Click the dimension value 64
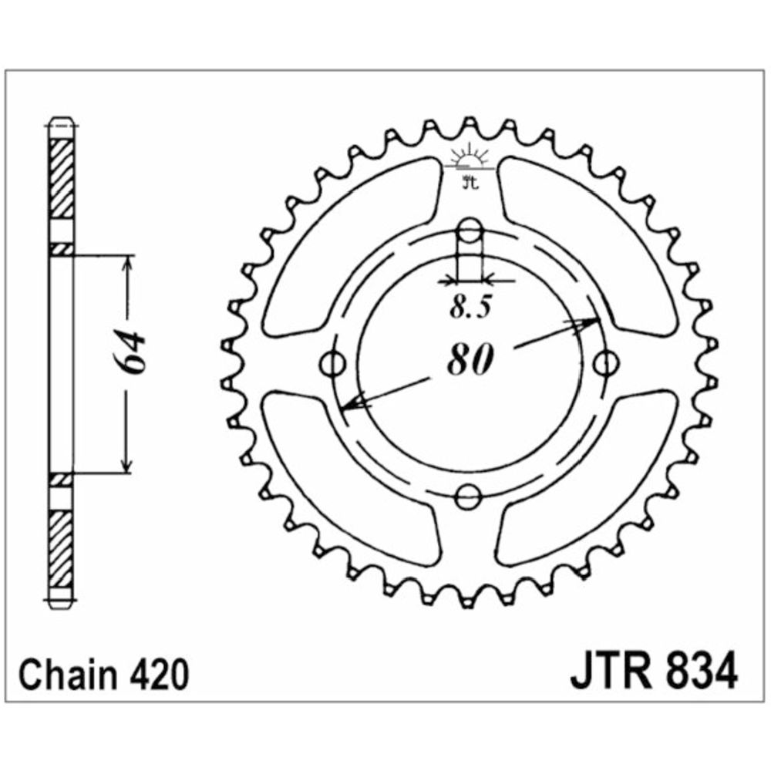coord(133,352)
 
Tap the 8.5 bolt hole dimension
coord(470,308)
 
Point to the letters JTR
coord(610,670)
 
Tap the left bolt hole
coord(333,364)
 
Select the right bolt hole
coord(604,364)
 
